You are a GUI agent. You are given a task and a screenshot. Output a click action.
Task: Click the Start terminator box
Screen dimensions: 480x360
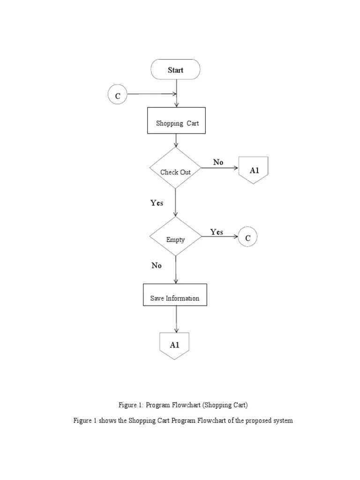175,70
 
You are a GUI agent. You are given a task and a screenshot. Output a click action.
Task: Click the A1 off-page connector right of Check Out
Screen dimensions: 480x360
254,169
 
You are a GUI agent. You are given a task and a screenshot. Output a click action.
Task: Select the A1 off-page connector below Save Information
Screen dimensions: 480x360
174,345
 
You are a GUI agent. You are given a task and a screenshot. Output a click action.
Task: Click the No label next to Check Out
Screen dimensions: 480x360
218,162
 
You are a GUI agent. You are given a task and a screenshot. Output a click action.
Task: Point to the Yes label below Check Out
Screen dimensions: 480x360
157,203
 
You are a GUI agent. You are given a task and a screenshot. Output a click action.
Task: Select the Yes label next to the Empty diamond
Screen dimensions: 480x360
217,232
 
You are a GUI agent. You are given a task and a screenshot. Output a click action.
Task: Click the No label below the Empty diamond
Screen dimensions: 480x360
157,265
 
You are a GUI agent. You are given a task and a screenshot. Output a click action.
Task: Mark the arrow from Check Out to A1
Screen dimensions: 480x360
220,168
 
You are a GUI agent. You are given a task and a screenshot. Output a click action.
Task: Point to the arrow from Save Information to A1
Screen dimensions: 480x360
176,319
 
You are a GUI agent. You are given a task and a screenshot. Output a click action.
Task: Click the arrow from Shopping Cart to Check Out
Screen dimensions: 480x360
176,140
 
